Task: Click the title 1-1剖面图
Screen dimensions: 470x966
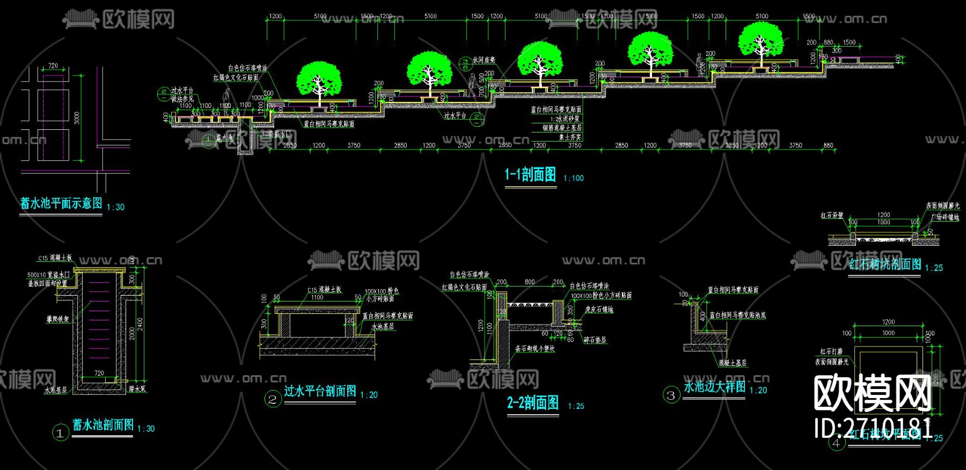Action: click(x=530, y=174)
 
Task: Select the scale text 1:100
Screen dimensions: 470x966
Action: click(x=573, y=178)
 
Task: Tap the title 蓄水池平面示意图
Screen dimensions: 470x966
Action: click(x=61, y=203)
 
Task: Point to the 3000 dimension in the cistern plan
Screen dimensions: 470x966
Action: click(x=77, y=117)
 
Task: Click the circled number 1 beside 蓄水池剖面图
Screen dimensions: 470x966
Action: click(x=60, y=432)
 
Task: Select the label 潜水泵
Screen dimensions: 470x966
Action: click(x=137, y=389)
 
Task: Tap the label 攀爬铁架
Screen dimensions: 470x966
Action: click(x=57, y=319)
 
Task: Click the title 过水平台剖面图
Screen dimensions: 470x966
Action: click(x=320, y=391)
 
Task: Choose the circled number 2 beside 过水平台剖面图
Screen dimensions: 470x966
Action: click(x=273, y=399)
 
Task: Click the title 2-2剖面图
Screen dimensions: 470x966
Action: click(x=533, y=403)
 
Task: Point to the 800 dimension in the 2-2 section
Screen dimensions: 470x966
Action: click(x=530, y=282)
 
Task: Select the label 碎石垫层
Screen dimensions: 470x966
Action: click(x=595, y=340)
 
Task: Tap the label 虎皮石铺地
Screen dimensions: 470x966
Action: click(x=599, y=310)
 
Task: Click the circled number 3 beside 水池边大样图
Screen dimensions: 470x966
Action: click(x=671, y=395)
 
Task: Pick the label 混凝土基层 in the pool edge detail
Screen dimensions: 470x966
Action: click(x=733, y=363)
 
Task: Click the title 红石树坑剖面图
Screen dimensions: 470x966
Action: click(x=885, y=265)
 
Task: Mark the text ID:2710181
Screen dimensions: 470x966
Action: click(x=873, y=429)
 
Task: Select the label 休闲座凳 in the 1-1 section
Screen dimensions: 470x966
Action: click(x=484, y=61)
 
